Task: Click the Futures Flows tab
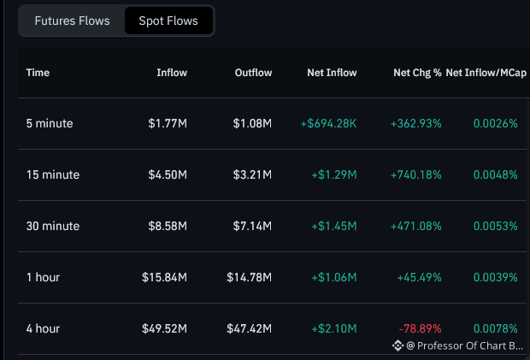tap(72, 21)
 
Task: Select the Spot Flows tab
tap(168, 21)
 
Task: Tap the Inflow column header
tap(172, 73)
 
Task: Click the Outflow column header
tap(253, 73)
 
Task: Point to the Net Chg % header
tap(417, 73)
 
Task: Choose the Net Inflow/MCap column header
tap(486, 73)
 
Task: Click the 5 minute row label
tap(50, 123)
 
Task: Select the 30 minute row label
tap(53, 226)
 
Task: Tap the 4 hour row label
tap(43, 328)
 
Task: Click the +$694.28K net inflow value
tap(328, 123)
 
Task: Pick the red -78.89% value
tap(420, 328)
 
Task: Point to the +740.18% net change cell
tap(416, 174)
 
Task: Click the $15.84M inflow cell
tap(164, 277)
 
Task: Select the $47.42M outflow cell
tap(249, 328)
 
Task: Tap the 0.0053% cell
tap(496, 226)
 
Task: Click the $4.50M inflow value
tap(168, 174)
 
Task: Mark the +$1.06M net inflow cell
tap(334, 277)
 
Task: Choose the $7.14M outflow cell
tap(252, 226)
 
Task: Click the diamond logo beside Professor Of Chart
tap(397, 345)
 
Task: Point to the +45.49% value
tap(419, 277)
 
